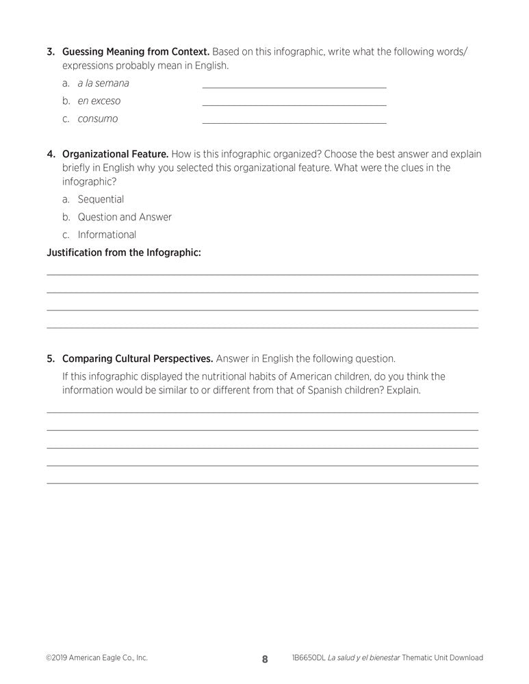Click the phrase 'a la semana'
click(x=103, y=83)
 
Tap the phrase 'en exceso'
click(x=99, y=101)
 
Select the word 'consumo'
click(x=97, y=119)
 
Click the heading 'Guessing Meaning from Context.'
click(x=136, y=52)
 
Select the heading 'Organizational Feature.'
click(x=115, y=155)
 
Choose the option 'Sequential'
click(x=101, y=200)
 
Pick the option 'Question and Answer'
click(x=125, y=218)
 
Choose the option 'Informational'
click(x=107, y=235)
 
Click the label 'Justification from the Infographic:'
click(x=124, y=253)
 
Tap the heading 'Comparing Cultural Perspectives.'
click(x=138, y=358)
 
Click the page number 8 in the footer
click(x=265, y=659)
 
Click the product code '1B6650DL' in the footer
click(x=308, y=658)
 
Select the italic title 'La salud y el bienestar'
click(x=363, y=658)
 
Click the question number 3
click(x=50, y=52)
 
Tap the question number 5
click(x=50, y=358)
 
